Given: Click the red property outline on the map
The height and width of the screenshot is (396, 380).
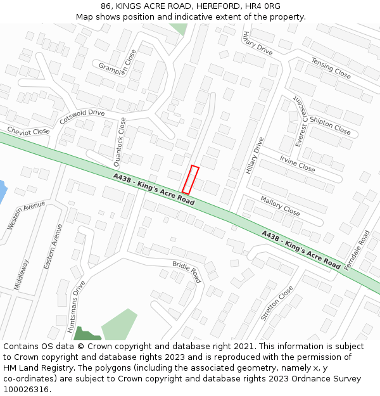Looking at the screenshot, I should pyautogui.click(x=191, y=180).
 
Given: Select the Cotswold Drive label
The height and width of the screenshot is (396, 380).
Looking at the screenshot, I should pyautogui.click(x=82, y=117).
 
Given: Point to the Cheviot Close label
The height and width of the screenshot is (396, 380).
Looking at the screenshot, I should pyautogui.click(x=28, y=131).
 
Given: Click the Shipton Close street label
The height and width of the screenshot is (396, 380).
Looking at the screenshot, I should pyautogui.click(x=331, y=125).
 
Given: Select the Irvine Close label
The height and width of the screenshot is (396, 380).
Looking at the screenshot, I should pyautogui.click(x=297, y=164).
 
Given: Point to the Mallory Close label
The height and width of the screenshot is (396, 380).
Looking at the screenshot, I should pyautogui.click(x=280, y=206).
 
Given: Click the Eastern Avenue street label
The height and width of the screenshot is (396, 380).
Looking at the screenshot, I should pyautogui.click(x=54, y=247).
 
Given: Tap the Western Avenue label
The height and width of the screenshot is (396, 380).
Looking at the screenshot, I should pyautogui.click(x=26, y=215).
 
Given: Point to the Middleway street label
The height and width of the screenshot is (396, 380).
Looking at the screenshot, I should pyautogui.click(x=21, y=274).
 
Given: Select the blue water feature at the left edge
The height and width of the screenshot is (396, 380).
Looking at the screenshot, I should pyautogui.click(x=3, y=190).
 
